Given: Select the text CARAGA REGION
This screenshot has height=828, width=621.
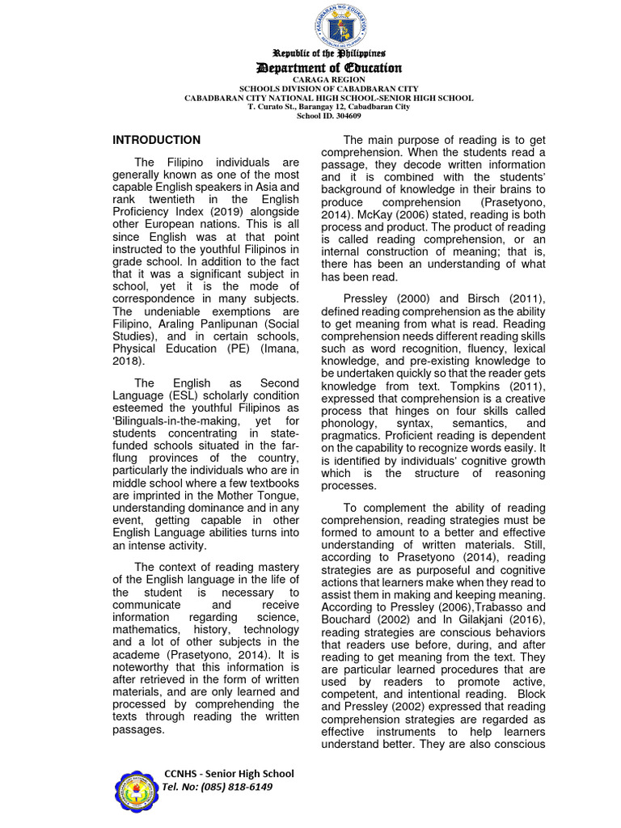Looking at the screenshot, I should pyautogui.click(x=328, y=81).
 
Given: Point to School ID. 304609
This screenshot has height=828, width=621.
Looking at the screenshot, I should pyautogui.click(x=328, y=116).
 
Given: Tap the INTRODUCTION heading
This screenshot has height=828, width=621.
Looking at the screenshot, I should pyautogui.click(x=156, y=140).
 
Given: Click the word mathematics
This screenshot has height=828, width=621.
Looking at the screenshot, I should pyautogui.click(x=145, y=630).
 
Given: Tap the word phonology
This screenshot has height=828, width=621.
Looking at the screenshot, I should pyautogui.click(x=349, y=423).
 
